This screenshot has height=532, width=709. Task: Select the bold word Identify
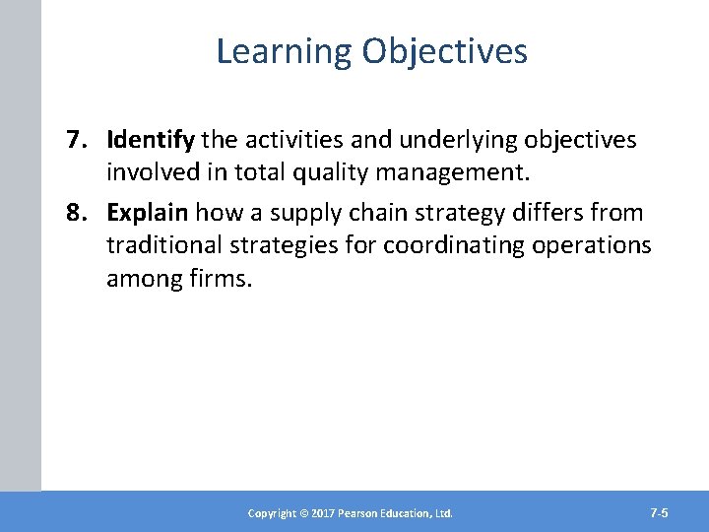pos(151,141)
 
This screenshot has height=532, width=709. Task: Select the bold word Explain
pos(149,213)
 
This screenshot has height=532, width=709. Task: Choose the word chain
pos(393,213)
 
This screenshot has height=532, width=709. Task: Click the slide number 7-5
pos(659,512)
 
